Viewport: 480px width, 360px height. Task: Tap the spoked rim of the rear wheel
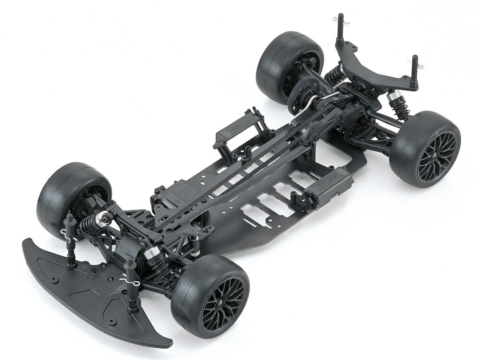[x=436, y=155]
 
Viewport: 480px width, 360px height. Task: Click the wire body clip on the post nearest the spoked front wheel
[x=127, y=280]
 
